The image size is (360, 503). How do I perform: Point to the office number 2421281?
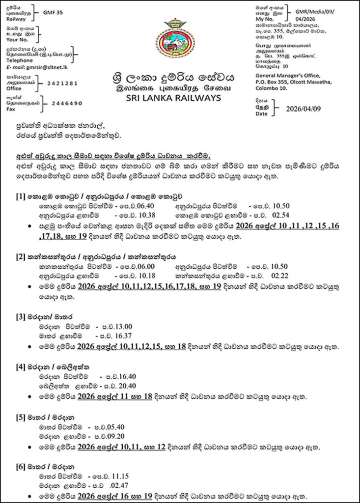pos(61,84)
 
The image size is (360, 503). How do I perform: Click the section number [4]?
pos(20,367)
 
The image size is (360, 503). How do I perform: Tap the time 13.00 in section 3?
pos(121,327)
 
